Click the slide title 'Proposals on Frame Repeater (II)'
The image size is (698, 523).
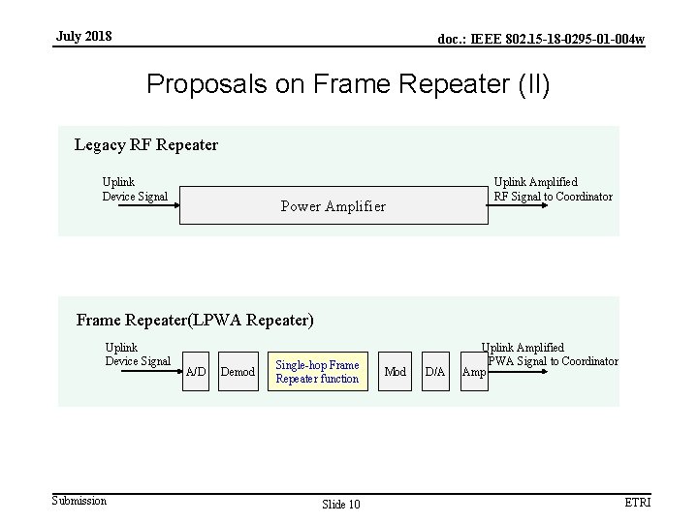[348, 84]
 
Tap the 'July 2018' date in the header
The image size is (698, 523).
[83, 37]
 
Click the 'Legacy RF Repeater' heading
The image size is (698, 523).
[146, 145]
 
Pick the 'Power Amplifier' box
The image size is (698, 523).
[333, 205]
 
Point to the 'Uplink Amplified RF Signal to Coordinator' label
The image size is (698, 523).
[553, 189]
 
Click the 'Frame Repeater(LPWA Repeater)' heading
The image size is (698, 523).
[195, 319]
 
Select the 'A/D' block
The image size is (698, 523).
[195, 372]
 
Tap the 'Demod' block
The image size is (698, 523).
[238, 372]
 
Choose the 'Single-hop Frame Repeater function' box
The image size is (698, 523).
[317, 372]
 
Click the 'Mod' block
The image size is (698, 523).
[396, 372]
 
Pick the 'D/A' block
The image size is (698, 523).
[436, 372]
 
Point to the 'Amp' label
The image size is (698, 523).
[475, 372]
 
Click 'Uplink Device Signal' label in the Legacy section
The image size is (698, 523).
[135, 189]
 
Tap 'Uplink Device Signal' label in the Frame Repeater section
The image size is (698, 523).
[138, 354]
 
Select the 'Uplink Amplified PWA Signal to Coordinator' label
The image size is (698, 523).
[549, 354]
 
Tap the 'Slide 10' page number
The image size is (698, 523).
[340, 504]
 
